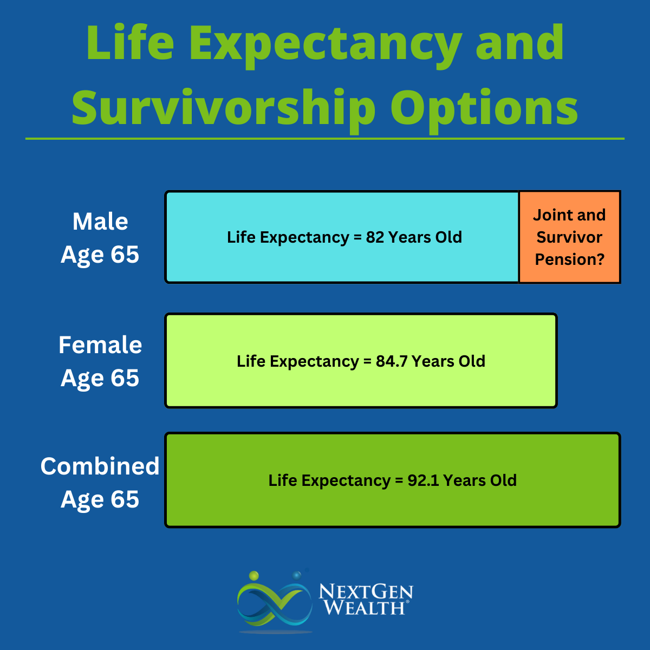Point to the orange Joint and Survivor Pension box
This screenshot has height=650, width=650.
point(569,237)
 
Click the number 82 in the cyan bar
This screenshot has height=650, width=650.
point(375,237)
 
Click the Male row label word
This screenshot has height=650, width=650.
point(100,222)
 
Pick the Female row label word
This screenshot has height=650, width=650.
point(100,345)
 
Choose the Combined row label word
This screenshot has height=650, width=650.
point(100,466)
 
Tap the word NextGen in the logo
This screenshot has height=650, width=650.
point(366,591)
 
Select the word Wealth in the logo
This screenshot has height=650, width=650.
point(364,608)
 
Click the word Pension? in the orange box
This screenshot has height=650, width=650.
point(569,259)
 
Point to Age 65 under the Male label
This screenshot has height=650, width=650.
point(100,255)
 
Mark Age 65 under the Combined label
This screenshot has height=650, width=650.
point(100,499)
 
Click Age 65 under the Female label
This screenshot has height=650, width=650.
point(100,378)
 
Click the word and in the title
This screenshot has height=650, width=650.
point(520,43)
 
